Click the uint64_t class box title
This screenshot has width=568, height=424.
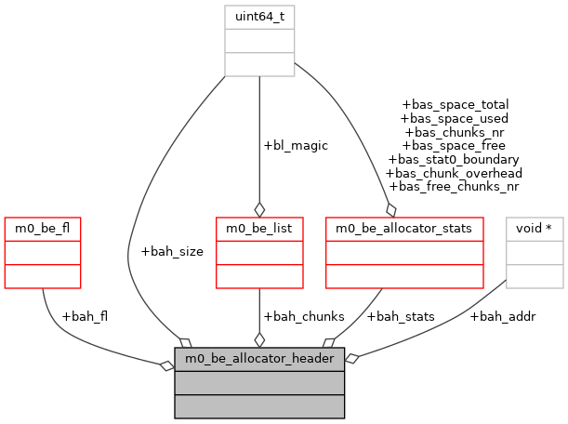click(x=259, y=17)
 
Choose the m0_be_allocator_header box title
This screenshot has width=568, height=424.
click(x=259, y=359)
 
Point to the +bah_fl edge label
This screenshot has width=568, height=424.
click(x=84, y=316)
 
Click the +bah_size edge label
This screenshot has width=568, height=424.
click(x=172, y=251)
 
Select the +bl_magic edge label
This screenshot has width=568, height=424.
click(x=296, y=146)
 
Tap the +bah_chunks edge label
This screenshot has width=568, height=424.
click(x=297, y=316)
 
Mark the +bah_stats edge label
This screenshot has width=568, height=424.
click(x=398, y=316)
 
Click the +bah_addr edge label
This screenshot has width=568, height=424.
click(x=503, y=316)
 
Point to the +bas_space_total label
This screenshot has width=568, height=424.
click(x=455, y=105)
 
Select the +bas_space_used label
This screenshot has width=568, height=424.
click(x=455, y=119)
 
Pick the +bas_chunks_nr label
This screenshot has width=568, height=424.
click(x=455, y=132)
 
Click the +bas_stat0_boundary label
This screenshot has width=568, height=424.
click(x=455, y=159)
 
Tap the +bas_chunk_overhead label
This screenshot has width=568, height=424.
click(x=455, y=173)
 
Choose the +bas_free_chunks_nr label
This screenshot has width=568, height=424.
click(x=455, y=187)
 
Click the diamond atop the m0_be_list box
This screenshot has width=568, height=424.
click(x=259, y=207)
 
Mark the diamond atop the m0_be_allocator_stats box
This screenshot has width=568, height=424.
click(x=391, y=207)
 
